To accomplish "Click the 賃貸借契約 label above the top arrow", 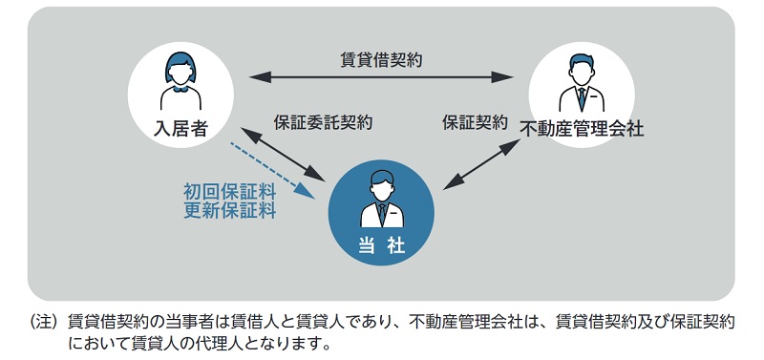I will (382, 59).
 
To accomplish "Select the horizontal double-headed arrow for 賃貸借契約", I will (381, 76).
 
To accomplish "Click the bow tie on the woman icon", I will (180, 94).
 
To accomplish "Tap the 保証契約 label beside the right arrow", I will (475, 123).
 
